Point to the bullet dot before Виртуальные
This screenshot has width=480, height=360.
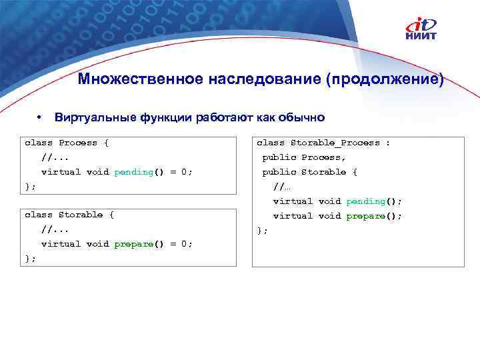[41, 117]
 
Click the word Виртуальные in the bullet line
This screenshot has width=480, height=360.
[95, 118]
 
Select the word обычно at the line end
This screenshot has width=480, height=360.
[303, 118]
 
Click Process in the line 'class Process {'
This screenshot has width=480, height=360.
[78, 143]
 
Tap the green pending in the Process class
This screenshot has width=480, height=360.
[133, 172]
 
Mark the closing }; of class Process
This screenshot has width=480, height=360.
[30, 187]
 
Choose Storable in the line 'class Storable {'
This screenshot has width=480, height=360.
[81, 215]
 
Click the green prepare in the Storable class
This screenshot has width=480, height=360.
[133, 244]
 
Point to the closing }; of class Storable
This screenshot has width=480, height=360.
[30, 259]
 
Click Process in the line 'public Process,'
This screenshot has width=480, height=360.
[323, 157]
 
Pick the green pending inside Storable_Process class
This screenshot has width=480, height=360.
[365, 201]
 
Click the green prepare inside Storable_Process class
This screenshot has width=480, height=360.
[365, 216]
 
